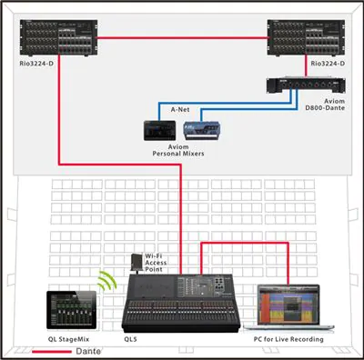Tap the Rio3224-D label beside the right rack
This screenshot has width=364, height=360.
click(x=327, y=65)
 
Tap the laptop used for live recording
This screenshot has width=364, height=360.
click(x=290, y=307)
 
